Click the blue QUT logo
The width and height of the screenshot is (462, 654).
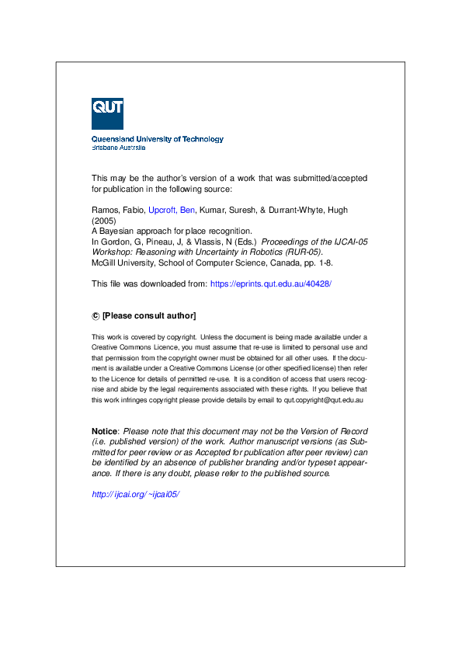[107, 113]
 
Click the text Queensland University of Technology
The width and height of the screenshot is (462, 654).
[158, 139]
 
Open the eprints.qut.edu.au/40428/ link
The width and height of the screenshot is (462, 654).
[271, 284]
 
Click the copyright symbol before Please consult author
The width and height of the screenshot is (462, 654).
[96, 315]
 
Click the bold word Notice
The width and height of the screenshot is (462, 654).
[105, 431]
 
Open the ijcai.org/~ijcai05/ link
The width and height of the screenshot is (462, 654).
[136, 494]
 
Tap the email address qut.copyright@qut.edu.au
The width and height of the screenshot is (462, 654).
[325, 400]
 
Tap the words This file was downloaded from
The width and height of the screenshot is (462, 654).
[149, 284]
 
